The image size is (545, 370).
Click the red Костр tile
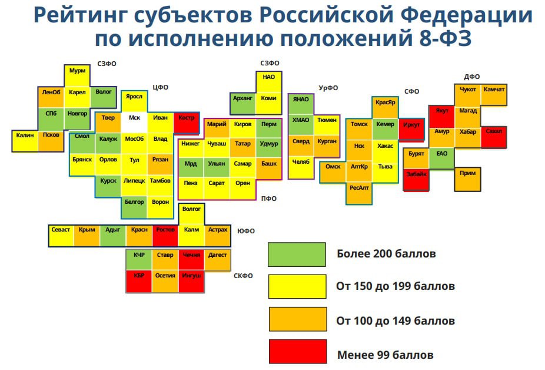(187, 123)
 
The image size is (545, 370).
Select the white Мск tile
(134, 122)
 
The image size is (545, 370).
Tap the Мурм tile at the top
(77, 75)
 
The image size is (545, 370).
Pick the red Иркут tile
(411, 129)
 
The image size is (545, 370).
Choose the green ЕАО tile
(441, 158)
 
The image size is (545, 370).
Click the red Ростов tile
(165, 236)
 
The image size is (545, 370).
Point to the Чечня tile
(191, 260)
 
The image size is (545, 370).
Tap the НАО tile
(269, 82)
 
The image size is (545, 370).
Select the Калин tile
(25, 141)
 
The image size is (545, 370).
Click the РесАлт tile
(359, 193)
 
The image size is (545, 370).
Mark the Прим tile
(467, 180)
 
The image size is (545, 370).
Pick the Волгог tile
(191, 214)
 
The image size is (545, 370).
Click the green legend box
(297, 255)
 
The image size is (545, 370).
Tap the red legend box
(298, 352)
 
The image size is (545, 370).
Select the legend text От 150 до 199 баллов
(396, 286)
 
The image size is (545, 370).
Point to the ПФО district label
(269, 199)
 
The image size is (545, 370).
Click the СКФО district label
(243, 276)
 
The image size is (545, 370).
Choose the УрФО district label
(328, 88)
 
